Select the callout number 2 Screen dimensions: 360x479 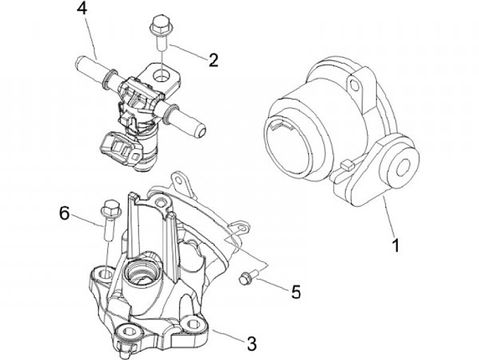[x=214, y=60]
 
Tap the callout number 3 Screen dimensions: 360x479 [x=251, y=344]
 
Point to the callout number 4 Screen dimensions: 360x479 [x=82, y=10]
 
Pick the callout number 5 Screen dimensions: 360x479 [x=295, y=290]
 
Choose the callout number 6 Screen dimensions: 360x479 [x=65, y=213]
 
